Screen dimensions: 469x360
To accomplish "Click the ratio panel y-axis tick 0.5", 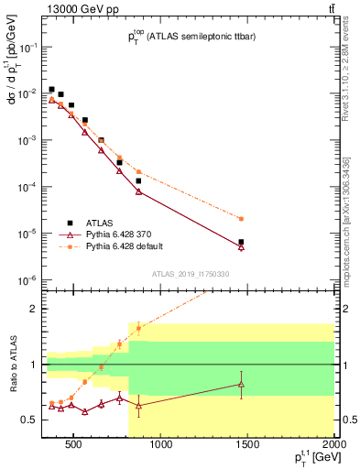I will [34, 420].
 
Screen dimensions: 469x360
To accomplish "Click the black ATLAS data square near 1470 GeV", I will [241, 242].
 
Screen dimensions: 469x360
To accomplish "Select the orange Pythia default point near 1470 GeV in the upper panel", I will [241, 219].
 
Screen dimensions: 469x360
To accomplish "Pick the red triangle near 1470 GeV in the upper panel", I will [241, 246].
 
